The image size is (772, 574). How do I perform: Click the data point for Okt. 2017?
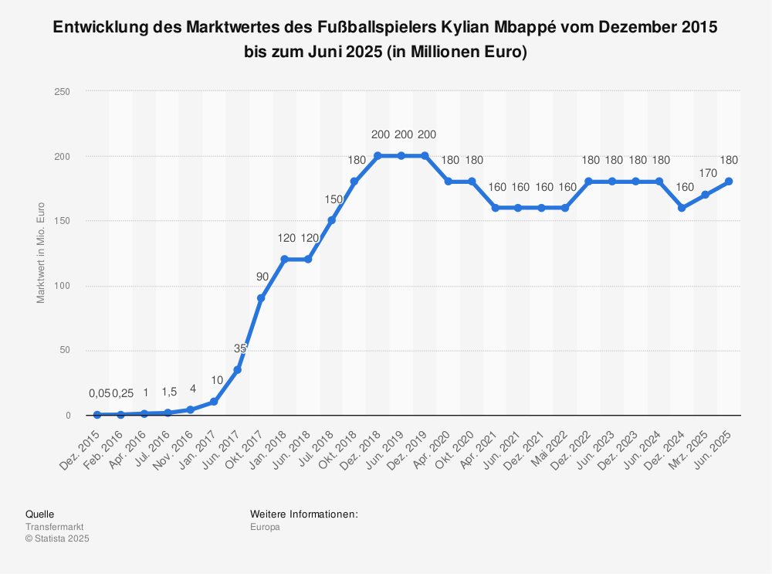click(261, 298)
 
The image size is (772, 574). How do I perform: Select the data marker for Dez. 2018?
click(378, 155)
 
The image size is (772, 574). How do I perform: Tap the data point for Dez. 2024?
click(682, 208)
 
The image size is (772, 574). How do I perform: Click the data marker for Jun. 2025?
click(728, 182)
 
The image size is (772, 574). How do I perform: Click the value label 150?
click(331, 199)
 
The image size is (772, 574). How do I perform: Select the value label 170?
click(705, 174)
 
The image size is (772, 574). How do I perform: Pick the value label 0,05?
click(100, 394)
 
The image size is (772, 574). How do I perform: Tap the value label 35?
click(240, 348)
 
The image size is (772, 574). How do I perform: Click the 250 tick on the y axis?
click(63, 92)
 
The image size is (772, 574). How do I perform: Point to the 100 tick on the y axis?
click(63, 286)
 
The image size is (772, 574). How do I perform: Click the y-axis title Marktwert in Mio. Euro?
click(42, 253)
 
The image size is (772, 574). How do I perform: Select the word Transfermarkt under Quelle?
click(54, 527)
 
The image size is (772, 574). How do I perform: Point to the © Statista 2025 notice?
click(57, 538)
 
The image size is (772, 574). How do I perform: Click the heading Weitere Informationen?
click(303, 514)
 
